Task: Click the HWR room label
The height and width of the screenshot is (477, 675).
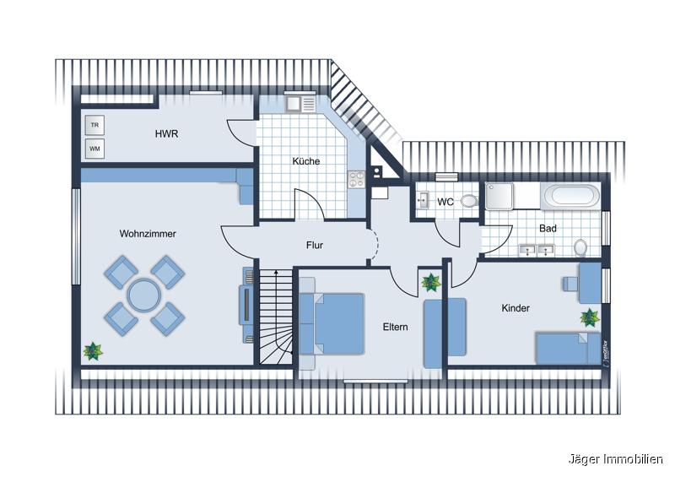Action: pos(166,134)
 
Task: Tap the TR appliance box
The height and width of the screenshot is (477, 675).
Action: pos(94,125)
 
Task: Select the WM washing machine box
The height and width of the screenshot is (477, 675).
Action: pos(94,149)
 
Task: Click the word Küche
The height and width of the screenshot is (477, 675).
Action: pos(306,161)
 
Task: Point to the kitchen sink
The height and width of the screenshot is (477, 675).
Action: pos(295,105)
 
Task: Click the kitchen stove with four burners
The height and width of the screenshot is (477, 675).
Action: pos(355,179)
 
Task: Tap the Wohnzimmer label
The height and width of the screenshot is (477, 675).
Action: pos(148,234)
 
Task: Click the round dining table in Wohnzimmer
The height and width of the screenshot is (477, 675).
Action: pos(143,296)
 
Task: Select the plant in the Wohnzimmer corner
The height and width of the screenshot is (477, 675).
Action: pos(92,349)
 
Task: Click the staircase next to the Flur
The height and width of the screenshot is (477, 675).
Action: pos(276,317)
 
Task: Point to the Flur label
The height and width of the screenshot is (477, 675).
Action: pos(315,246)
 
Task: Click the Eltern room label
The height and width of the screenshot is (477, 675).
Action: pos(396,326)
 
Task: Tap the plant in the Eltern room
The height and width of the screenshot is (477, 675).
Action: pos(431,281)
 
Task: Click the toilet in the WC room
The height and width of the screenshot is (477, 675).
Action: pos(470,202)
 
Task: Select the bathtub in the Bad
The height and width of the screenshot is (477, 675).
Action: pos(572,198)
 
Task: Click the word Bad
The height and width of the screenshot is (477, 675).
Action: pos(548,228)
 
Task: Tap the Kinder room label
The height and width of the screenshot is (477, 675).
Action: pos(516,308)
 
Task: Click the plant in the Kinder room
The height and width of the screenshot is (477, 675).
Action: pos(589,317)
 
